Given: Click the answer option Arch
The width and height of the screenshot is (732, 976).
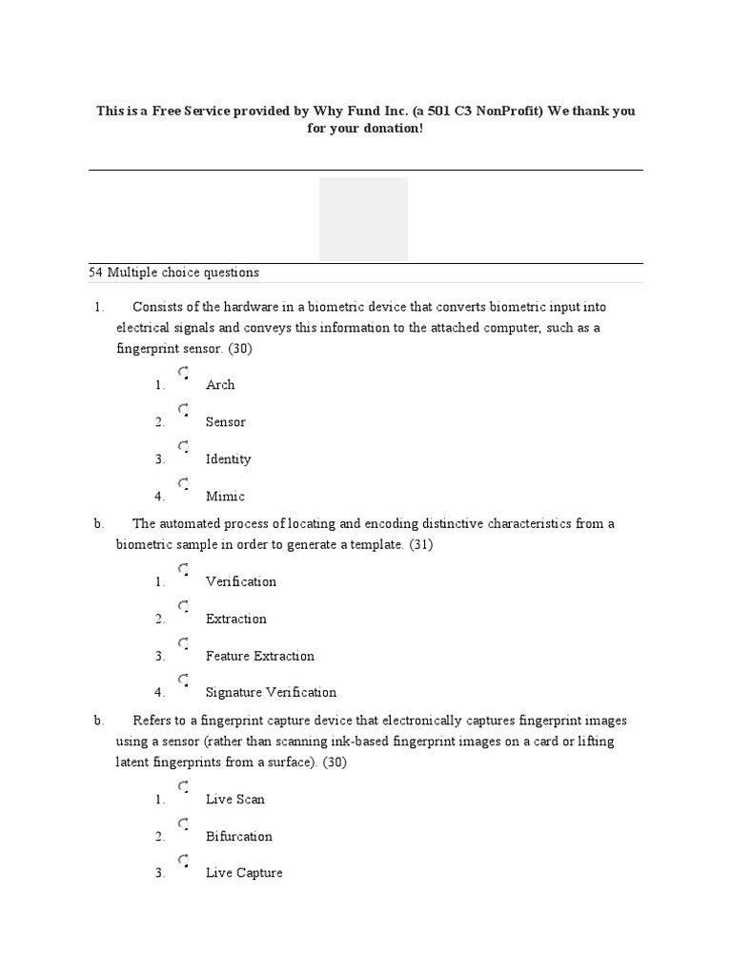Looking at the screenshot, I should (x=219, y=385).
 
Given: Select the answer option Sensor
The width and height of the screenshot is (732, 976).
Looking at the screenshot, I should (x=225, y=422).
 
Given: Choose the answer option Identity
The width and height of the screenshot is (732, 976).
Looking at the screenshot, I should (x=228, y=459).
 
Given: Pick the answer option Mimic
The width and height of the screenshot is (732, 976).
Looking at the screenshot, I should (x=225, y=497).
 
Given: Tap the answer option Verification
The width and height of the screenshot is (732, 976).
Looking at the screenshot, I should (x=240, y=581).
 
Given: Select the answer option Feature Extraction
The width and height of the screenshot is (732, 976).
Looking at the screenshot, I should (x=259, y=656).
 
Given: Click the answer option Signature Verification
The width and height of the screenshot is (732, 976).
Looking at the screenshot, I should (x=271, y=693).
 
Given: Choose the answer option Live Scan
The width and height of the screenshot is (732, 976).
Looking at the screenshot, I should (x=234, y=800).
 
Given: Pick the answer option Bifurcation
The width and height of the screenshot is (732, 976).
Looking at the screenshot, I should (x=238, y=837).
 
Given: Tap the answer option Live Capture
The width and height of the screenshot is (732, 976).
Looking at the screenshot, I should (x=244, y=873).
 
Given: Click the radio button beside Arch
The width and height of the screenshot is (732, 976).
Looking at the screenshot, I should (x=183, y=373).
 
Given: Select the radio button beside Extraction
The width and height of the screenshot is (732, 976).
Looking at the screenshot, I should (x=183, y=606).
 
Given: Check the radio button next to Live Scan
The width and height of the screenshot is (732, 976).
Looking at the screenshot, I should (x=183, y=787).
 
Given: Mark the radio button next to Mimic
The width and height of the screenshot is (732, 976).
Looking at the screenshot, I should (x=183, y=484).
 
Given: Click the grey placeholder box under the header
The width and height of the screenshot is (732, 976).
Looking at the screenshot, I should (x=363, y=218).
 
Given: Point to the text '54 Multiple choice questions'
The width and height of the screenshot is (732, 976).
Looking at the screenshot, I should (x=173, y=273).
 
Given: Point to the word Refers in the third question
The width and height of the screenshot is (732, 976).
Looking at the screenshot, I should (x=152, y=721).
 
